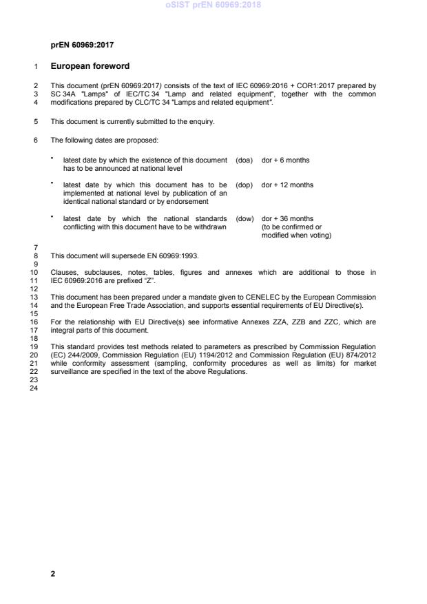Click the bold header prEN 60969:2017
click(82, 45)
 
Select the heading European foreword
click(90, 67)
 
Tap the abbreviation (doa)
click(244, 160)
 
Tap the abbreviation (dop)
click(244, 185)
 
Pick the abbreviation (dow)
click(244, 219)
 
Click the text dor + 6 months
click(285, 160)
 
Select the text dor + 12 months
click(287, 185)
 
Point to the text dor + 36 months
click(287, 219)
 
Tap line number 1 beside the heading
click(35, 67)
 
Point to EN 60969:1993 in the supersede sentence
click(174, 256)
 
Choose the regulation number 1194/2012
click(206, 355)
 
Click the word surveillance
click(70, 371)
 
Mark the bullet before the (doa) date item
click(52, 158)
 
